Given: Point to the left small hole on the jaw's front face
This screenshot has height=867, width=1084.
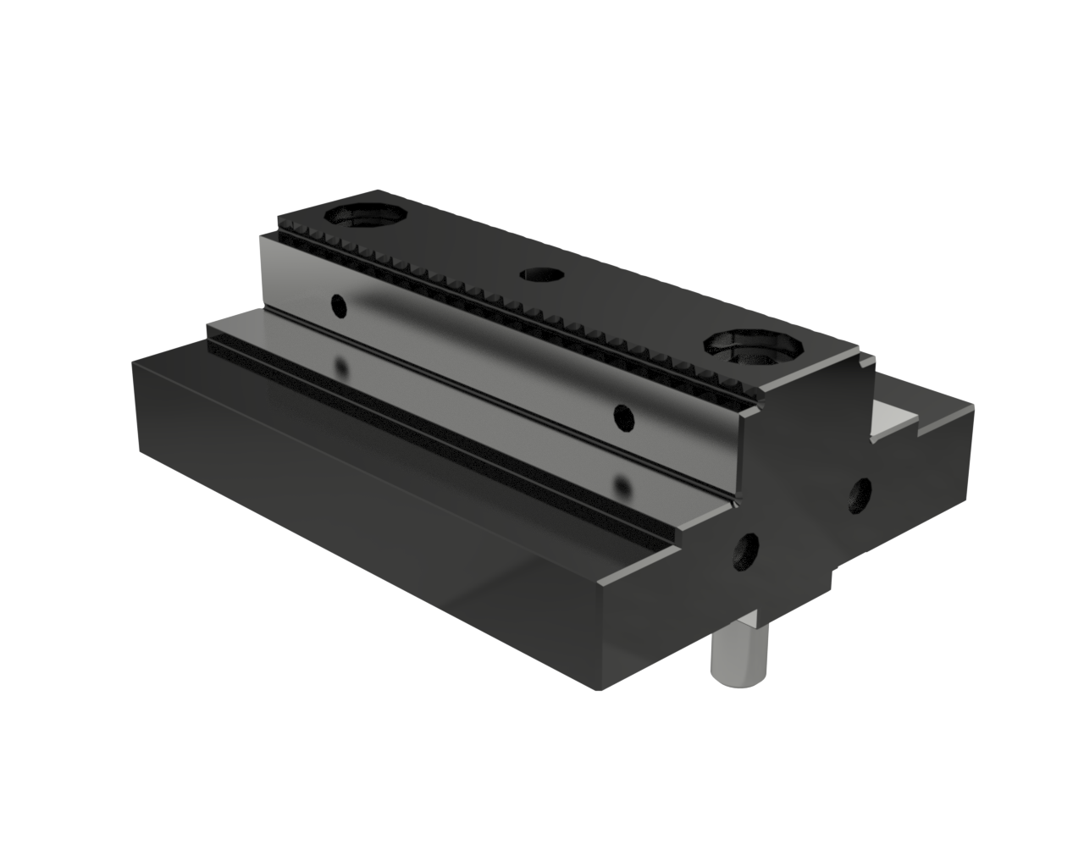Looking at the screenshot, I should point(339,306).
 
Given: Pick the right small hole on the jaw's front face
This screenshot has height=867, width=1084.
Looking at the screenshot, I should point(622,415).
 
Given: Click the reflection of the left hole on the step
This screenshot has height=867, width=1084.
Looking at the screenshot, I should point(342,367).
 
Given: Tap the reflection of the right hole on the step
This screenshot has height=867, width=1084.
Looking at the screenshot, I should point(623,487).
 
